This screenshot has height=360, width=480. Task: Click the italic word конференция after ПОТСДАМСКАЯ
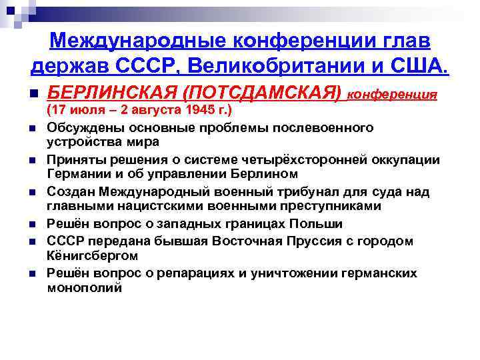click(393, 94)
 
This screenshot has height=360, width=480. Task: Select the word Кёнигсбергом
click(92, 255)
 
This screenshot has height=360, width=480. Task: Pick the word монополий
click(85, 287)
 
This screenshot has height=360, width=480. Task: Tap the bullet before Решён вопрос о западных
click(34, 224)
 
